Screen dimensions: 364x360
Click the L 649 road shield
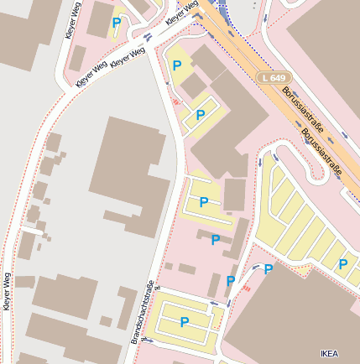[x=273, y=77]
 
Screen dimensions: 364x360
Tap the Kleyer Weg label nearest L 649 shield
[x=182, y=13]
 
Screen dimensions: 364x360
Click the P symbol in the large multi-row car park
[x=342, y=264]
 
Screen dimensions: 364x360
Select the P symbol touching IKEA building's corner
[x=269, y=269]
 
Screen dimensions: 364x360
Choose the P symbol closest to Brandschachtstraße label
[x=184, y=321]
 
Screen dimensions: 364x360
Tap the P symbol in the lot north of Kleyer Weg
[x=116, y=23]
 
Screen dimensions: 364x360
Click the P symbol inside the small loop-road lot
[x=200, y=115]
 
